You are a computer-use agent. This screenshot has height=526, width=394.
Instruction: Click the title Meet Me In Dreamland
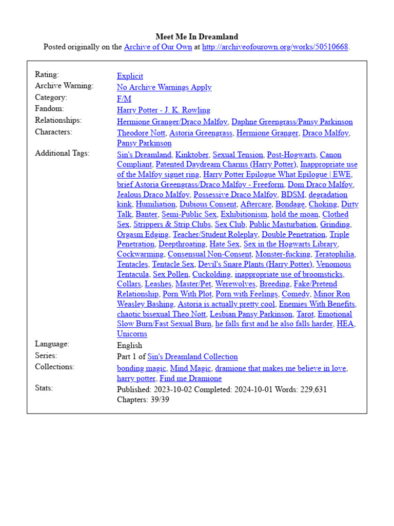click(x=196, y=36)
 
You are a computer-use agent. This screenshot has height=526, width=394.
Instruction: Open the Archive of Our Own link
click(x=158, y=47)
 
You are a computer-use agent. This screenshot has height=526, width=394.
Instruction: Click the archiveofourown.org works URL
click(x=275, y=47)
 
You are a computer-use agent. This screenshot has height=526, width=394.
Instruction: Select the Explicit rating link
click(x=130, y=76)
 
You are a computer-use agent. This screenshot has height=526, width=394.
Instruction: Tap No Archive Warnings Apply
click(x=164, y=87)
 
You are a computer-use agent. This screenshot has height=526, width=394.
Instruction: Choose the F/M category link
click(x=124, y=99)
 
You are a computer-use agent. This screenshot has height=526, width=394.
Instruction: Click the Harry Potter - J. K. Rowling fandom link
click(x=164, y=110)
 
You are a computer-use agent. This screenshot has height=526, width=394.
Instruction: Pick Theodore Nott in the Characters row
click(x=141, y=133)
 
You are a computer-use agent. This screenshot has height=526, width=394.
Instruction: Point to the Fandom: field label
click(x=49, y=109)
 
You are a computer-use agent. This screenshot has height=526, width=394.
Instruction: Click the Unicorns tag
click(x=132, y=334)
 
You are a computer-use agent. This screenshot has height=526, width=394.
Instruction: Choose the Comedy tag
click(x=295, y=294)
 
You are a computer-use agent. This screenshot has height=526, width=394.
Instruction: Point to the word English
click(x=129, y=345)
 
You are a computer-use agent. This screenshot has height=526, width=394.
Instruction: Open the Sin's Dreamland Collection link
click(x=192, y=356)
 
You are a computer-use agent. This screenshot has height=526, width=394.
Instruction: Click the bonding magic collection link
click(x=142, y=368)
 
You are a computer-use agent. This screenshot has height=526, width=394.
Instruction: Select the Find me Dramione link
click(x=191, y=379)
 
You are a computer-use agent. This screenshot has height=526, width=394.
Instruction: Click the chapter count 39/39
click(x=159, y=400)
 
